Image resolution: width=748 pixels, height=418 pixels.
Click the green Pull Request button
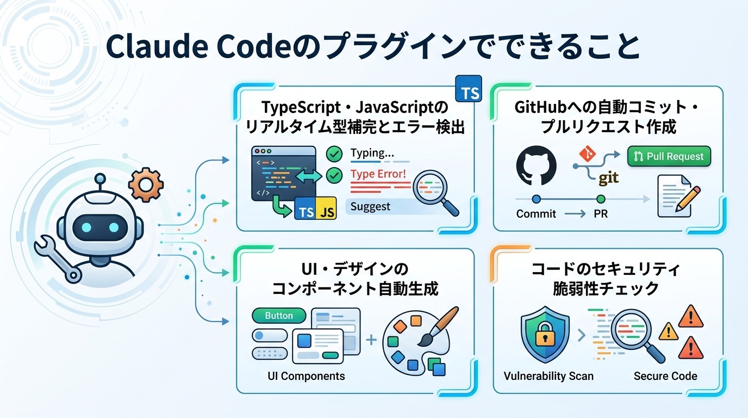coord(669,156)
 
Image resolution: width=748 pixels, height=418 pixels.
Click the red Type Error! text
coord(378,174)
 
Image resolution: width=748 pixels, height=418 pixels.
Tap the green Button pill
coord(279,316)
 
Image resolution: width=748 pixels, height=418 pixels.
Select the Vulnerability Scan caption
coord(548,376)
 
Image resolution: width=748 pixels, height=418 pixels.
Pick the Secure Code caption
coord(665,376)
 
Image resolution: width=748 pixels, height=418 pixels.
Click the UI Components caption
coord(306,376)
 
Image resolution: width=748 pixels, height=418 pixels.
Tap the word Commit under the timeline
coord(536,214)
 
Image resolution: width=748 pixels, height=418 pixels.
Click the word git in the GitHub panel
coord(608,177)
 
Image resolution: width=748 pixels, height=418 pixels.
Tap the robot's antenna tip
coord(99,177)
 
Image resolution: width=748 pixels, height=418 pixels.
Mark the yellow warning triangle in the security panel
coord(668,331)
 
